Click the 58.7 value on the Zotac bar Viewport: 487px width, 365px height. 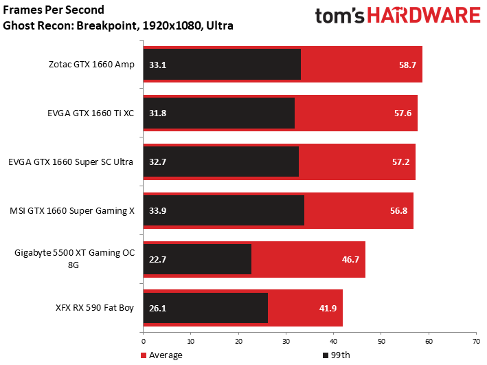coord(407,65)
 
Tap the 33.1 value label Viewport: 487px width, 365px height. coord(157,65)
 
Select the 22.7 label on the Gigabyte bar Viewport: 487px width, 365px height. coord(157,259)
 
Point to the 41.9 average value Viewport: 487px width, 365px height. coord(328,308)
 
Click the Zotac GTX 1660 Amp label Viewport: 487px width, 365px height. coord(91,65)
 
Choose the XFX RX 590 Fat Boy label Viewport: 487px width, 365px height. coord(95,308)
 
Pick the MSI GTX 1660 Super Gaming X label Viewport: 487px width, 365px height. coord(72,211)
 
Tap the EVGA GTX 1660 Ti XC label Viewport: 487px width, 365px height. coord(91,113)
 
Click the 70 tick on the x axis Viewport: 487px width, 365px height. coord(476,342)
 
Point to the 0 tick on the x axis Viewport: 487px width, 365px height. coord(143,342)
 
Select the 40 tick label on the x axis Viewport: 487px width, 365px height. coord(334,342)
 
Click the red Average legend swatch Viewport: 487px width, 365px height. coord(144,355)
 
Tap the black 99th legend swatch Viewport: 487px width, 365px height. coord(326,355)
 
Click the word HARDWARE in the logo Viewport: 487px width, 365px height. coord(424,16)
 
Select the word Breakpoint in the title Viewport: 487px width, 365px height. coord(106,25)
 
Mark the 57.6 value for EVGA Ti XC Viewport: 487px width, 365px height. coord(403,113)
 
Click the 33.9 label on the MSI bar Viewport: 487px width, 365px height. coord(157,211)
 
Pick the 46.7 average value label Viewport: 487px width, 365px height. coord(350,259)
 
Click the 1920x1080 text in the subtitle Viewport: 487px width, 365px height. coord(172,25)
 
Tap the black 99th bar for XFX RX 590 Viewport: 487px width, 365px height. coord(205,308)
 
